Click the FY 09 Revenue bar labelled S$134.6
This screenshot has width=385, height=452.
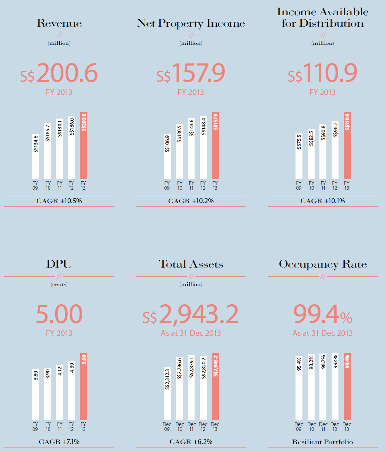click(35, 157)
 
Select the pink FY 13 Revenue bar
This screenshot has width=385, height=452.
click(84, 146)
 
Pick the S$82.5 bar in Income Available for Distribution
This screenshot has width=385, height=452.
click(311, 154)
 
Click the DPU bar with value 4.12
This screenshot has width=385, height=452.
click(60, 392)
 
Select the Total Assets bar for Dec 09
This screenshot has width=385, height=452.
click(167, 394)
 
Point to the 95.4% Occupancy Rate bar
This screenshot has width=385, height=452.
click(299, 388)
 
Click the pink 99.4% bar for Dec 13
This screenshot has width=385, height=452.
click(347, 387)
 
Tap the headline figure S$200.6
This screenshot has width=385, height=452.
click(59, 73)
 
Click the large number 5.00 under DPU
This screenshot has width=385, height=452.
click(59, 314)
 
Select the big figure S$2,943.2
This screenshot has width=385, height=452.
click(191, 314)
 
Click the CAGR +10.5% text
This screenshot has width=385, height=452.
click(59, 201)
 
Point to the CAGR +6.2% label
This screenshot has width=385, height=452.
click(191, 442)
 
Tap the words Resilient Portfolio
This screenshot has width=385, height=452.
click(323, 442)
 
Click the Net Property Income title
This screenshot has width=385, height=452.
click(191, 24)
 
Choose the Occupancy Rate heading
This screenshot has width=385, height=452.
click(323, 264)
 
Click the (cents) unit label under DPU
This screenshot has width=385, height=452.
click(59, 284)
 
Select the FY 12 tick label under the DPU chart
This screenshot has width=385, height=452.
click(71, 427)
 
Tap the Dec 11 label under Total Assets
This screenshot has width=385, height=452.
click(191, 427)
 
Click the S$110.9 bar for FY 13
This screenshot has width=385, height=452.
click(347, 146)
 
